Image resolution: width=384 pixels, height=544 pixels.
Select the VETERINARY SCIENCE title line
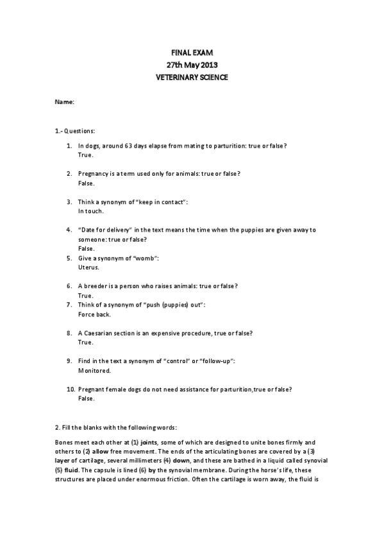(x=192, y=77)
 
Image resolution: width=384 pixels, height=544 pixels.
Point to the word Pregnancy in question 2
(x=93, y=173)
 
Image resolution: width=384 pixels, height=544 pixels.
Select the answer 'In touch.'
(x=90, y=210)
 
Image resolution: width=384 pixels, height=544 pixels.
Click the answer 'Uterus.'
(x=89, y=267)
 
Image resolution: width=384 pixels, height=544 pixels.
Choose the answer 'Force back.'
(x=94, y=314)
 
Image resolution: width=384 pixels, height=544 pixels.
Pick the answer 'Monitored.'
(x=94, y=370)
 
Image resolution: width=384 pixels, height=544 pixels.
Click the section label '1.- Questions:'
(x=76, y=130)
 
